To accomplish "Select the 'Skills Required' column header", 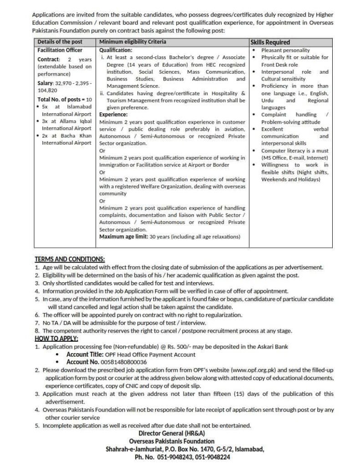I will pyautogui.click(x=270, y=42).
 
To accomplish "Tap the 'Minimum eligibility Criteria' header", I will pyautogui.click(x=132, y=42).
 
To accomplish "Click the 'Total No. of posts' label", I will pyautogui.click(x=60, y=99).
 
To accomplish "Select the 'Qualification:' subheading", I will pyautogui.click(x=116, y=50).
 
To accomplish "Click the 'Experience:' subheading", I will pyautogui.click(x=114, y=115).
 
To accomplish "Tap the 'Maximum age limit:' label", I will pyautogui.click(x=122, y=237).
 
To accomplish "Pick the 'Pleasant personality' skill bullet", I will pyautogui.click(x=285, y=50).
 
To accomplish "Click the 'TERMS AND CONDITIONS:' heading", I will pyautogui.click(x=70, y=259).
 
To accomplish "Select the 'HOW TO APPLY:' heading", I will pyautogui.click(x=56, y=339).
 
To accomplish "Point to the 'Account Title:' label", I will pyautogui.click(x=84, y=355).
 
